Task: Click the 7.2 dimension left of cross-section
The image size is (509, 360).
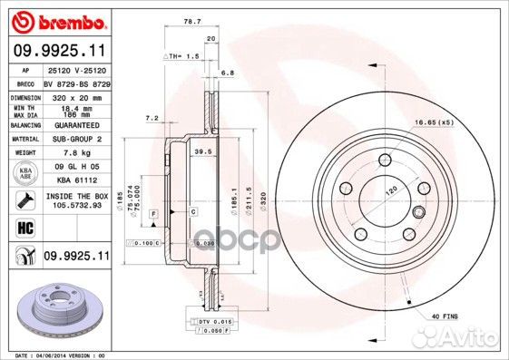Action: coord(152,118)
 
